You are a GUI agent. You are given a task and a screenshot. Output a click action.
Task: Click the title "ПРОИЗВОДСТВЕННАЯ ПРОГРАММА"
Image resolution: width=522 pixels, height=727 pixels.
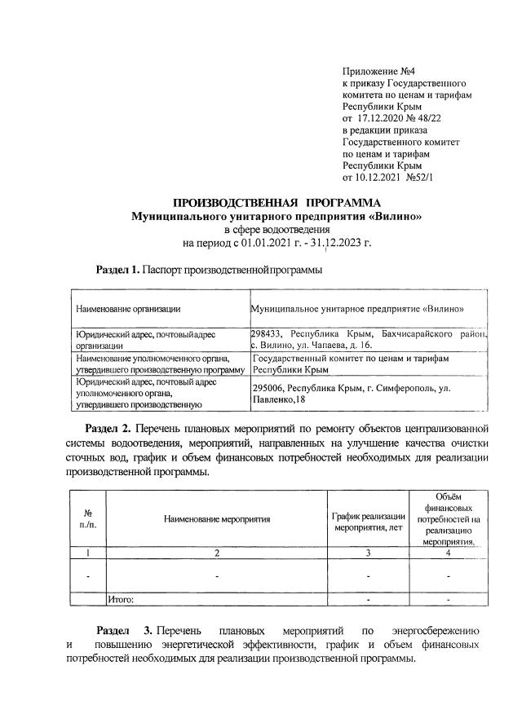(x=276, y=202)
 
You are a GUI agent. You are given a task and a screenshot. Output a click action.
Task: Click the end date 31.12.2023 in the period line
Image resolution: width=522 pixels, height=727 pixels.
(x=332, y=243)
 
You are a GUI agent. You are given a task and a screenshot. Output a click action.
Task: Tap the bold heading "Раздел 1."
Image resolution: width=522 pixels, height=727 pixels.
(x=117, y=269)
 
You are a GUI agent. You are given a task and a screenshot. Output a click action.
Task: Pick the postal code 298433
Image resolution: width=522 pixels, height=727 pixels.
(x=268, y=334)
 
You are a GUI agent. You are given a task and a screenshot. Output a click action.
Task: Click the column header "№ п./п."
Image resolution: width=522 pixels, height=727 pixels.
(x=87, y=518)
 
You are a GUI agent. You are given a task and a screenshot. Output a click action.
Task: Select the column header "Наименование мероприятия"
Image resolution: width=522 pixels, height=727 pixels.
(x=216, y=518)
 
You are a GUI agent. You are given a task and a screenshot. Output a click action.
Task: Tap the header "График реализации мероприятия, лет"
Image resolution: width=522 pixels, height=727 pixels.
(x=369, y=519)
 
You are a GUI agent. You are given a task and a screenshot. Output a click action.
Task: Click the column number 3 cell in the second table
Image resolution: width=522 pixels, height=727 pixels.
(x=369, y=554)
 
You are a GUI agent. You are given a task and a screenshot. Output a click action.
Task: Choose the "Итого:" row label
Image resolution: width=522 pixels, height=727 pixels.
(x=122, y=600)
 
